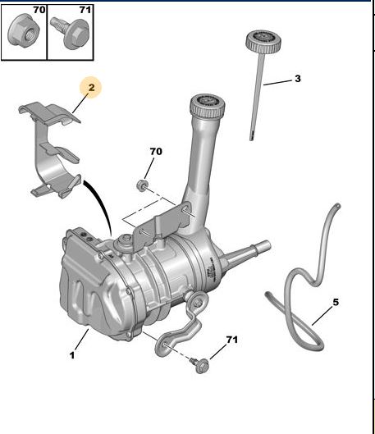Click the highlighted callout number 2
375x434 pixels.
click(x=92, y=88)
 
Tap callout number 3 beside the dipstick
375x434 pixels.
click(x=298, y=79)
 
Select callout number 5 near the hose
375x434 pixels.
click(x=336, y=302)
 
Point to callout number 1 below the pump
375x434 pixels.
click(x=72, y=355)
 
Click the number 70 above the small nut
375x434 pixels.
click(x=156, y=152)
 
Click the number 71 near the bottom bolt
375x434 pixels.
click(x=231, y=340)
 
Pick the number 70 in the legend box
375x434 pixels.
click(x=39, y=10)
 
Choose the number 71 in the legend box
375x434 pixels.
click(x=85, y=10)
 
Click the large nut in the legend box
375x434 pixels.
click(x=23, y=30)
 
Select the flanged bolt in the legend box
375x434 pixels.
click(x=71, y=32)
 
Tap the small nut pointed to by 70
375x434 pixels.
click(x=142, y=185)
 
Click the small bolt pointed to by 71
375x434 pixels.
click(x=200, y=365)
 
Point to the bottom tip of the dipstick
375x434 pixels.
click(x=251, y=139)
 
